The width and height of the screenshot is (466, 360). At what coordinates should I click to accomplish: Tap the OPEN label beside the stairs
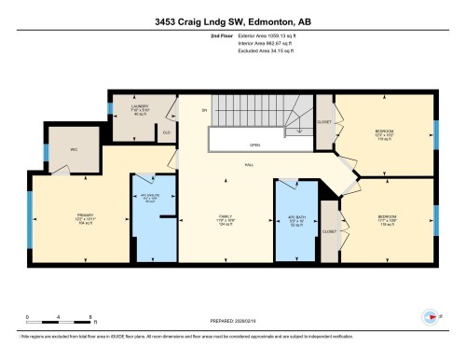tap(254, 145)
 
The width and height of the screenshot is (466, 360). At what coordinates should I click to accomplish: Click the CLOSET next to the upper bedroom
tap(325, 120)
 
